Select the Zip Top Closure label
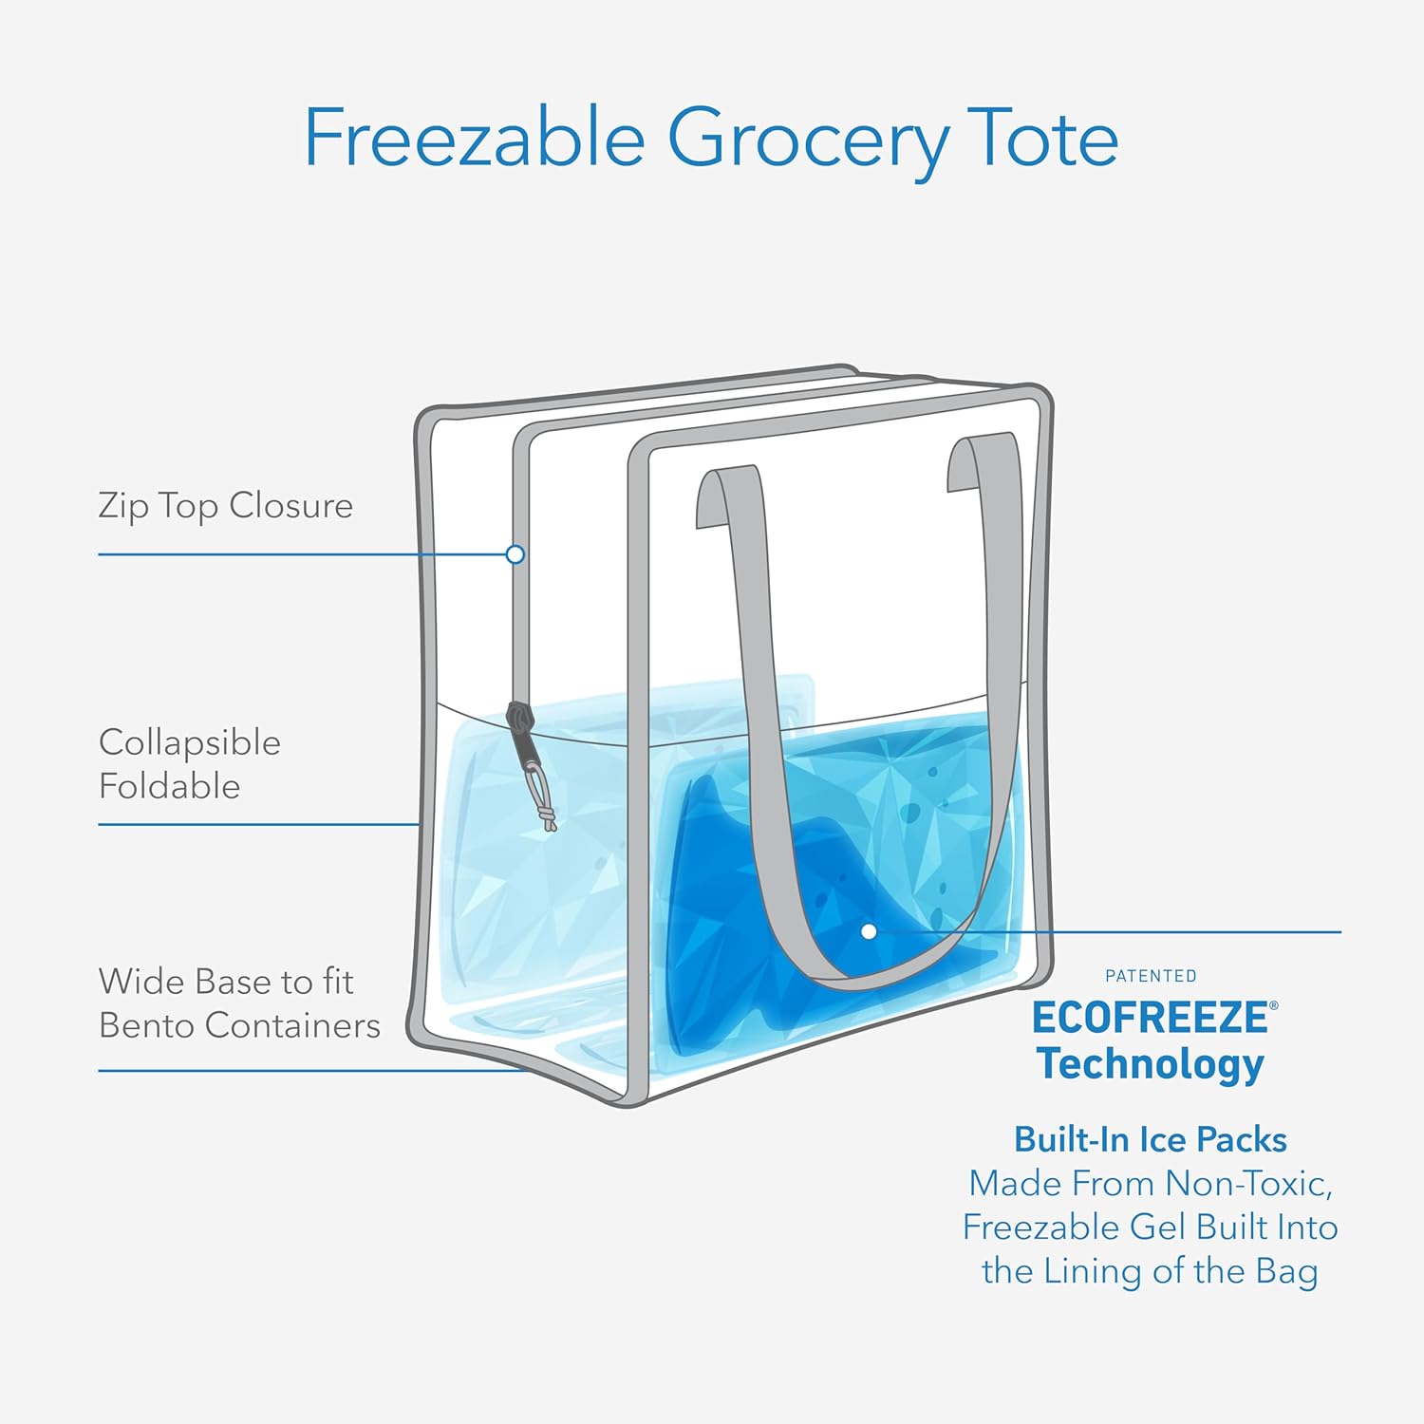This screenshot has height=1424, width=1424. click(x=225, y=505)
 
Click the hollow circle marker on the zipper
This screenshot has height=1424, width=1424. click(x=515, y=554)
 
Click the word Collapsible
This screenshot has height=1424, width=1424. click(x=190, y=742)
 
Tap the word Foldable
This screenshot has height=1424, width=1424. click(x=170, y=786)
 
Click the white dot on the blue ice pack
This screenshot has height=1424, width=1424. click(x=869, y=932)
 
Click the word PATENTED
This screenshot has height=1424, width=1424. click(x=1151, y=976)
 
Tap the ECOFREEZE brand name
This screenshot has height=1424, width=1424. click(x=1151, y=1018)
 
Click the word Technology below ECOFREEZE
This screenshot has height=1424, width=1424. click(x=1151, y=1063)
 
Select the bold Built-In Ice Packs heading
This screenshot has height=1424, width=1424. click(x=1151, y=1139)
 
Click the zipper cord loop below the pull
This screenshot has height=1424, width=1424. click(x=543, y=797)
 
